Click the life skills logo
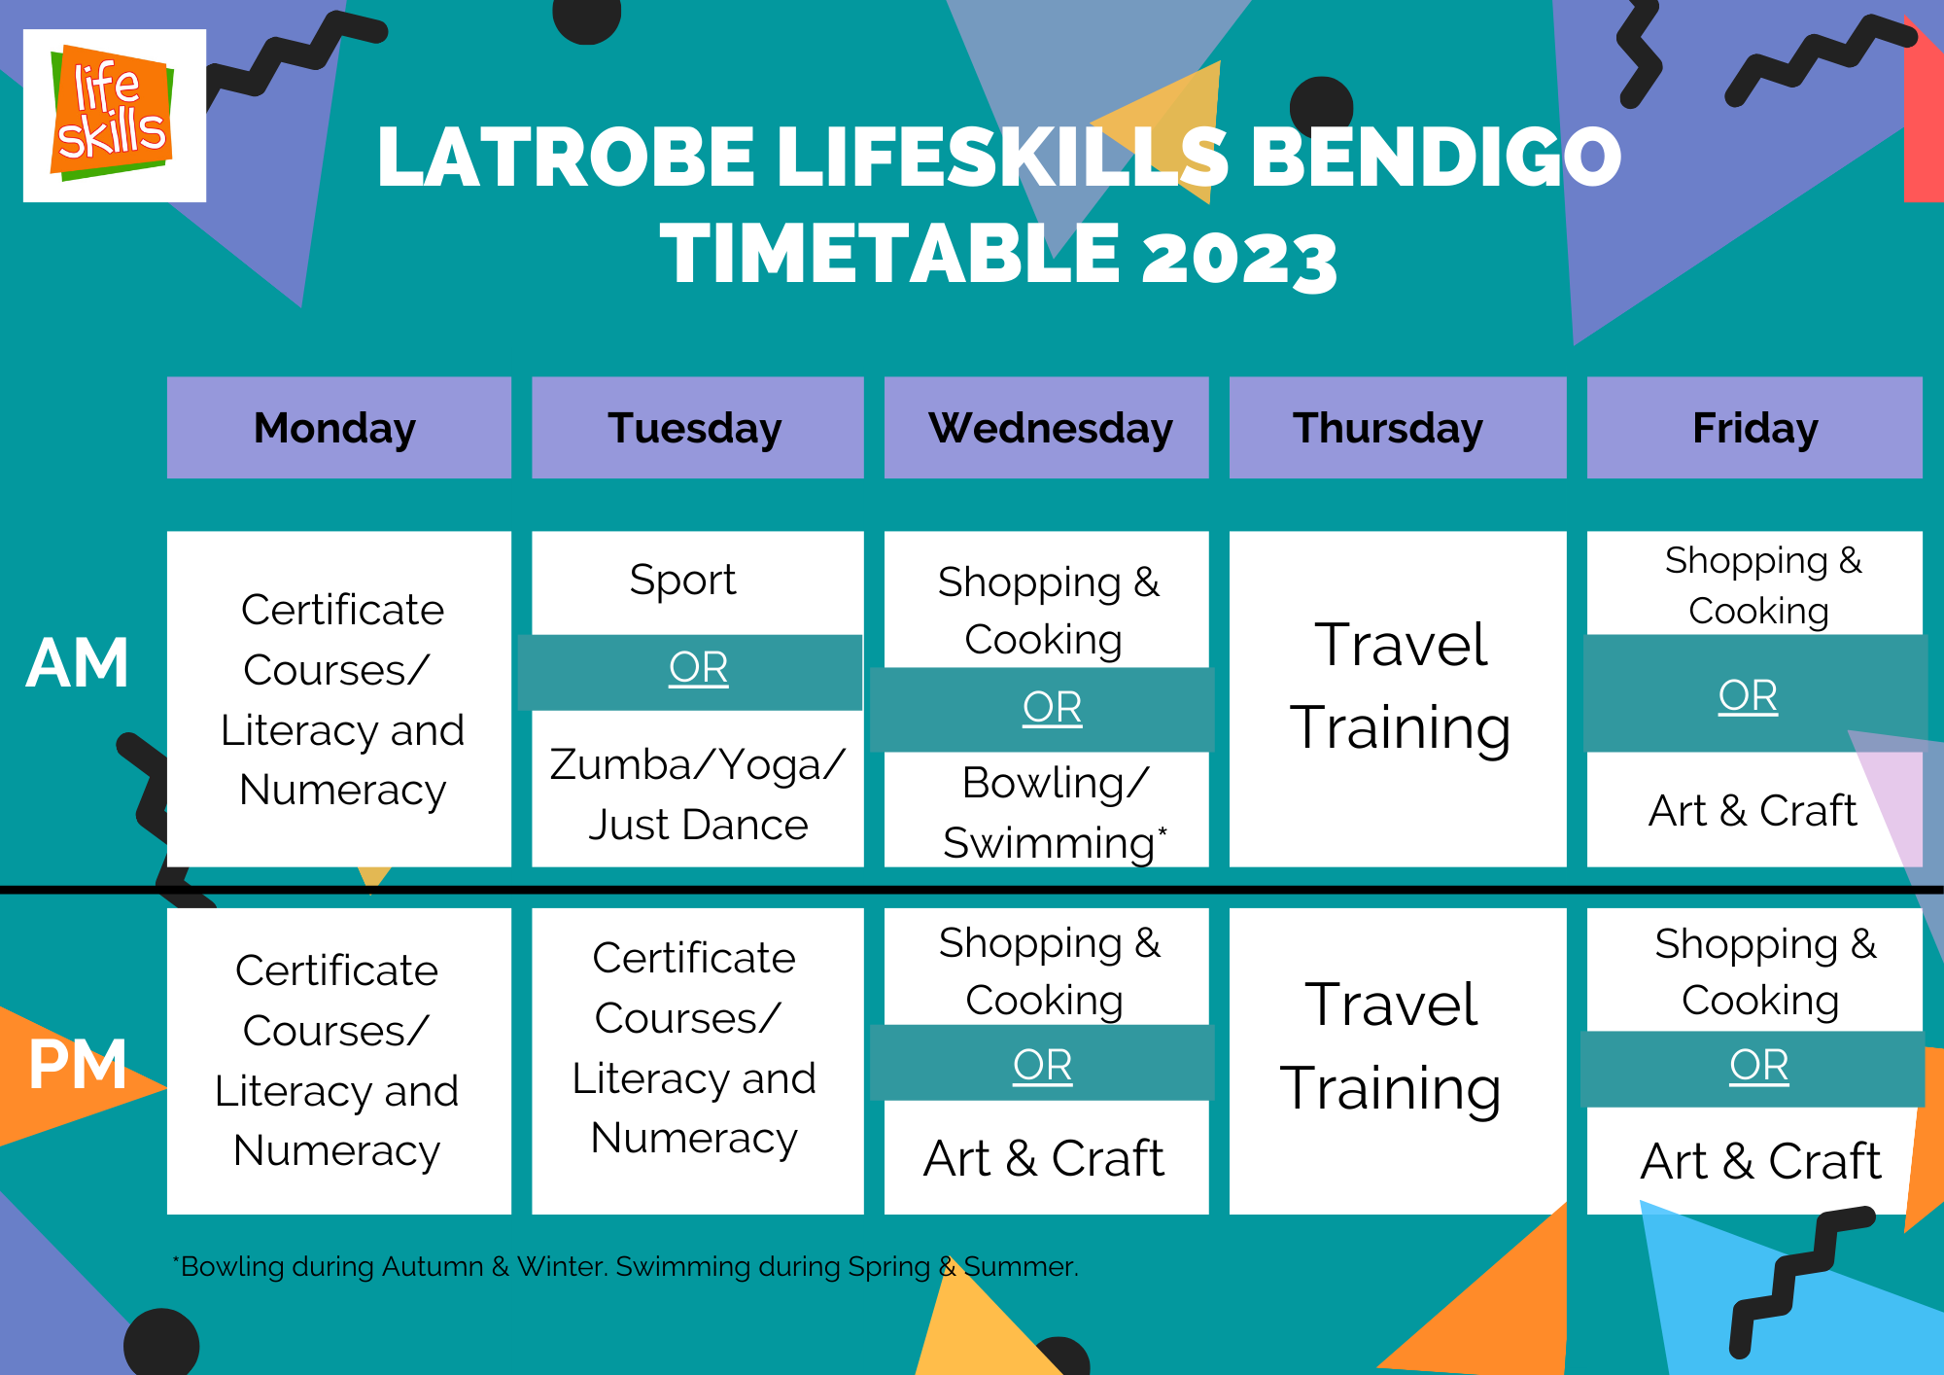[x=115, y=116]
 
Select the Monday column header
[x=339, y=428]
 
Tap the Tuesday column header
[x=698, y=428]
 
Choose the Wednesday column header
[x=1047, y=428]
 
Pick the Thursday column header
[x=1398, y=428]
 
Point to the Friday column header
[x=1754, y=428]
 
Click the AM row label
[x=78, y=664]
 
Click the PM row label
[x=78, y=1065]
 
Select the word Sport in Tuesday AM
[x=682, y=581]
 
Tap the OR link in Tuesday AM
[x=698, y=668]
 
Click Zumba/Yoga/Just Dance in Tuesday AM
[x=698, y=794]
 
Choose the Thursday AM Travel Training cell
[x=1398, y=698]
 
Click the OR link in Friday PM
[x=1759, y=1066]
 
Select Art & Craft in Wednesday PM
[x=1044, y=1158]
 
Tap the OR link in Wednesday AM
[x=1052, y=707]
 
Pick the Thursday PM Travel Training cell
[x=1398, y=1061]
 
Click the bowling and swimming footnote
[x=626, y=1266]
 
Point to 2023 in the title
[x=1239, y=256]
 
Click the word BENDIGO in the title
[x=1436, y=157]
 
